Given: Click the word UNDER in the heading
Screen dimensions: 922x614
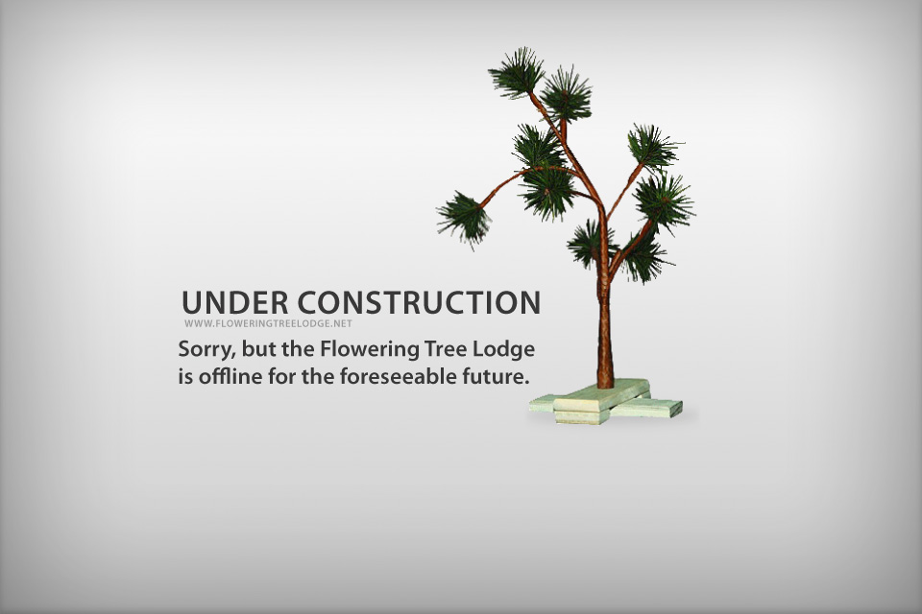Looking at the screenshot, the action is tap(234, 302).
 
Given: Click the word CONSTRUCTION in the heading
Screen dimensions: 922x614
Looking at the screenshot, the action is tap(419, 302).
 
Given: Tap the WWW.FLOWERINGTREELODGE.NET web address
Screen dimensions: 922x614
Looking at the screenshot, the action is tap(268, 323).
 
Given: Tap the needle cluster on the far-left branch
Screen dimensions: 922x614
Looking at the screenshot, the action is tap(465, 218).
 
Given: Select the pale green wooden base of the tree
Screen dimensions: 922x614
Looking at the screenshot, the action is tap(606, 403).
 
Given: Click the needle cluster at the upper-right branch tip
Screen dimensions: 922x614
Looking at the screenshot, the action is tap(653, 147).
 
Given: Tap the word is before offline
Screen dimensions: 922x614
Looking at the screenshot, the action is tap(185, 376).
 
